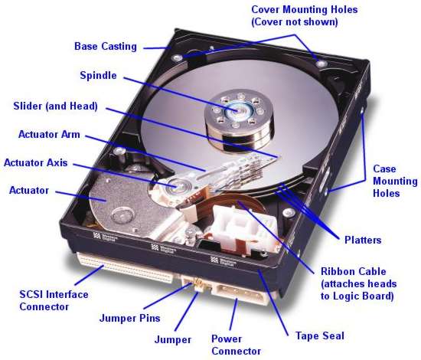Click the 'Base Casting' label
pyautogui.click(x=106, y=46)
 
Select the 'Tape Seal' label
pyautogui.click(x=319, y=335)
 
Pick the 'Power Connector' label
pyautogui.click(x=237, y=345)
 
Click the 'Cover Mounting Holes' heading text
pyautogui.click(x=304, y=16)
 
